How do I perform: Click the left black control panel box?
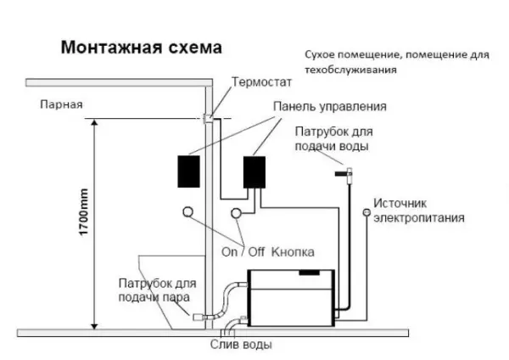pyautogui.click(x=187, y=172)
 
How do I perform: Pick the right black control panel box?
pyautogui.click(x=255, y=172)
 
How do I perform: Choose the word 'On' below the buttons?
pyautogui.click(x=229, y=252)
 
